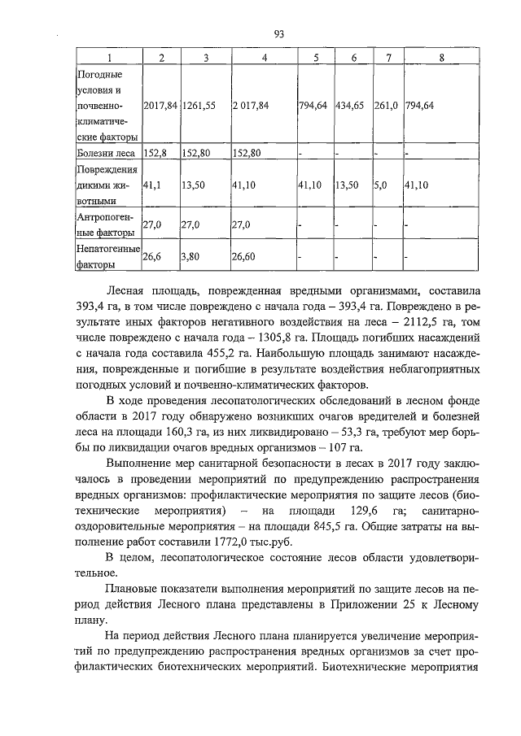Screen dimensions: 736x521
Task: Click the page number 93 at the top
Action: point(278,33)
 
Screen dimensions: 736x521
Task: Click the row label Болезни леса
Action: point(105,152)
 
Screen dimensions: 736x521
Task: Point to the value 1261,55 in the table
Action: point(199,106)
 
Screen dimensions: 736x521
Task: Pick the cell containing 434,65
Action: point(349,106)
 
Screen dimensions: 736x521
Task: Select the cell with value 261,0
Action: point(386,106)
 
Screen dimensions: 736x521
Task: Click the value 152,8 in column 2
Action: point(155,152)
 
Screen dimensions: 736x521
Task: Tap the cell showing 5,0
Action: point(381,185)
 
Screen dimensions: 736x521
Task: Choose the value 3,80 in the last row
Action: point(193,256)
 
